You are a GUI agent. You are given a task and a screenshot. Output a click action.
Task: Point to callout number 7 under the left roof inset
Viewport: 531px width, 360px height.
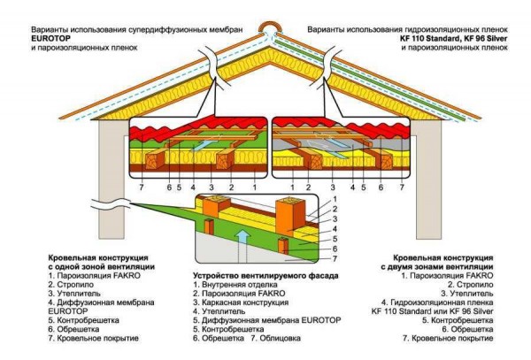(x=142, y=187)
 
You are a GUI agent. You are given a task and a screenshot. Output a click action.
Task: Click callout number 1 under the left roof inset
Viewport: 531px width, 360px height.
(x=255, y=187)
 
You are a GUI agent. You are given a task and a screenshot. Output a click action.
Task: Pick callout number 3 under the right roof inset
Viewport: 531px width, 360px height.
(x=333, y=188)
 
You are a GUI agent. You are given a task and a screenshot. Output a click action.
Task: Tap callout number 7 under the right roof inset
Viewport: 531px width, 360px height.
(x=402, y=188)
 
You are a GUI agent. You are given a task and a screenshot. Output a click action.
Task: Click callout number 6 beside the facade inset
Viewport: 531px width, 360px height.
(x=335, y=249)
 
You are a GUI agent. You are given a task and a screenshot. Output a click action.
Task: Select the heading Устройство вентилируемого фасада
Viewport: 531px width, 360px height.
(x=265, y=275)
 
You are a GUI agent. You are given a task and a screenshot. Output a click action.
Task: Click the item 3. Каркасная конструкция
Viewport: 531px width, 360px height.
(x=241, y=303)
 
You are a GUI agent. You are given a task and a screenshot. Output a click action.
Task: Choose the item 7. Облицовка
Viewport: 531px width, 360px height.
(x=275, y=338)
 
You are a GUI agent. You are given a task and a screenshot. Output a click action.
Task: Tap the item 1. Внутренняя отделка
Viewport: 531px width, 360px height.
(x=235, y=285)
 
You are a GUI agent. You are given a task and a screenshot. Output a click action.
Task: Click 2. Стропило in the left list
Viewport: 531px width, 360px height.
(x=71, y=285)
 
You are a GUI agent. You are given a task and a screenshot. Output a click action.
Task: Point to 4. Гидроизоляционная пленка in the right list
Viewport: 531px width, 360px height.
(x=437, y=303)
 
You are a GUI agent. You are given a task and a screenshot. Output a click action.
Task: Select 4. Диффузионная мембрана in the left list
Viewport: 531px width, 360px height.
(x=101, y=303)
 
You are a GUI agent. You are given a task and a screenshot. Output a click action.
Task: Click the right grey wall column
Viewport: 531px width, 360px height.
(x=429, y=180)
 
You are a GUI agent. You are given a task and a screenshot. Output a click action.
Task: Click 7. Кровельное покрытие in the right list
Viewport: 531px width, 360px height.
(x=448, y=338)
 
